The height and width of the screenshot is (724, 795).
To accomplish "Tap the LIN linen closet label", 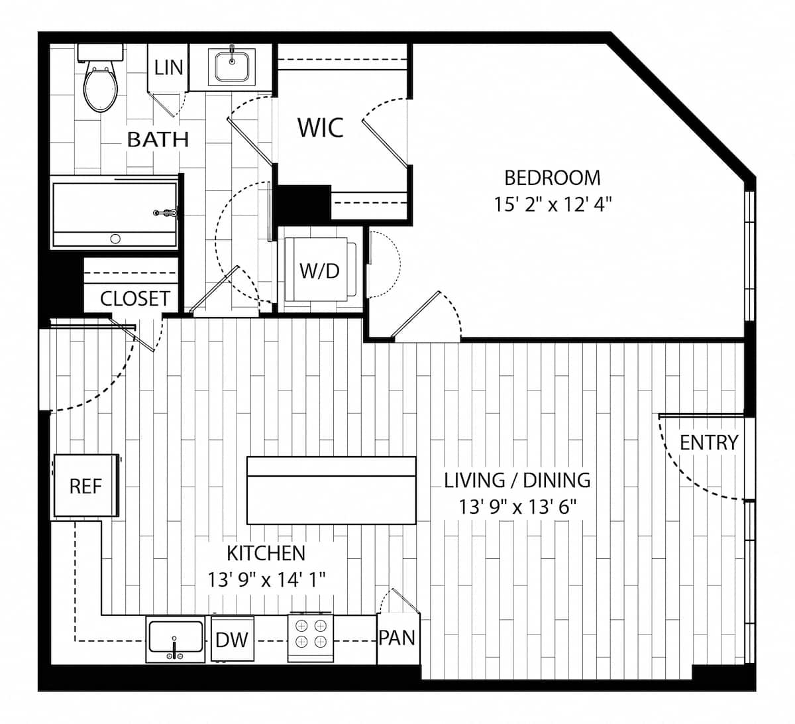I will [x=168, y=68].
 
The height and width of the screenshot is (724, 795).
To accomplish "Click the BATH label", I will [x=158, y=139].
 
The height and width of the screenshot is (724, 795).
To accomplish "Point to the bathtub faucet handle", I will [x=166, y=213].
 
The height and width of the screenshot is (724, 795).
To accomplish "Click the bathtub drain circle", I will [x=115, y=239].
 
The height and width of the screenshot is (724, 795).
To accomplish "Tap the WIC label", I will [x=320, y=127].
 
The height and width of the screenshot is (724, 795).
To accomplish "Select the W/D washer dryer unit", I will [x=319, y=271].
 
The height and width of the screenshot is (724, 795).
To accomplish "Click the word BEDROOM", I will [x=553, y=178].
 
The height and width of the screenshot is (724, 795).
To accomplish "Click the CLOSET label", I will [x=135, y=298].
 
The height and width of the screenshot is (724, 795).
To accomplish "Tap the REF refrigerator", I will [x=86, y=486].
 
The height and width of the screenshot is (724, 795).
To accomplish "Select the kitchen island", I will [x=331, y=491].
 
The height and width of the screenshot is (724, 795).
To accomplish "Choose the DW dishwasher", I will [x=232, y=640].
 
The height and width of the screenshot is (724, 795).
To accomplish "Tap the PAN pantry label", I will [x=397, y=638].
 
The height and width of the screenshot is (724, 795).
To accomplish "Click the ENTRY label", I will [x=709, y=442].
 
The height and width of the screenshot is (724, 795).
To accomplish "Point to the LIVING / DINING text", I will [x=517, y=479].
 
